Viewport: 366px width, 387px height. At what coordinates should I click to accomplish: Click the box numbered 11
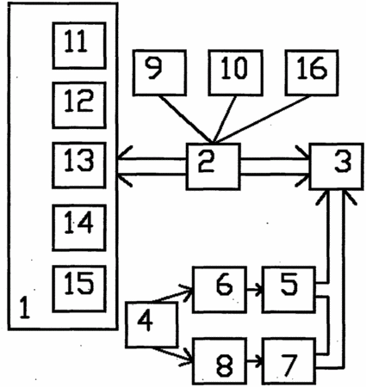[x=79, y=46]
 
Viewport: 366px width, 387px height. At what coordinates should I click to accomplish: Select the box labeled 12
[x=79, y=105]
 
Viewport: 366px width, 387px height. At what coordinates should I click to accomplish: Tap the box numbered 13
[x=79, y=165]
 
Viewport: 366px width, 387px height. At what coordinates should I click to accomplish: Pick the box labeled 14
[x=79, y=228]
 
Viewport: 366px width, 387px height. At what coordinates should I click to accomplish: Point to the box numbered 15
[x=79, y=289]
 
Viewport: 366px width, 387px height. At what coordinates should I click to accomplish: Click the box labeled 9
[x=159, y=72]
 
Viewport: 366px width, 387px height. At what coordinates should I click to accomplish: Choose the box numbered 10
[x=235, y=72]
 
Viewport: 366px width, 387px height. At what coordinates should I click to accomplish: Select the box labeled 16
[x=312, y=72]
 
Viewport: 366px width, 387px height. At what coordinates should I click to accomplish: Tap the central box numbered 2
[x=213, y=166]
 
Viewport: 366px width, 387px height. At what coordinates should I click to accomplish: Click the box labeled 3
[x=336, y=166]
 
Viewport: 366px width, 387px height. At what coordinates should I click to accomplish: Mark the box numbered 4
[x=152, y=325]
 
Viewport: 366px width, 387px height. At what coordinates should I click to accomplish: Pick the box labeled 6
[x=220, y=290]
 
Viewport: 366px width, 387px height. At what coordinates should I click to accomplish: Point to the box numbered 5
[x=288, y=290]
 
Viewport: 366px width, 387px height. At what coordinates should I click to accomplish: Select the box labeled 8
[x=220, y=361]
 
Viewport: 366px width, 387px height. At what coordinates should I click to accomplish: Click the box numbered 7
[x=288, y=361]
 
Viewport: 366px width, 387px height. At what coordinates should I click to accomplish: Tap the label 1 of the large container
[x=25, y=308]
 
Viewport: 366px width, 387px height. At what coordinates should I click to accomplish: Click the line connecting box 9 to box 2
[x=186, y=119]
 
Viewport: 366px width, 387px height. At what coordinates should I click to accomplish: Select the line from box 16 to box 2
[x=263, y=119]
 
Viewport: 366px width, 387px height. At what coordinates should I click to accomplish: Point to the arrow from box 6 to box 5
[x=255, y=289]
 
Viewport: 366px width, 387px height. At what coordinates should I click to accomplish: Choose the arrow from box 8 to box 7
[x=255, y=360]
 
